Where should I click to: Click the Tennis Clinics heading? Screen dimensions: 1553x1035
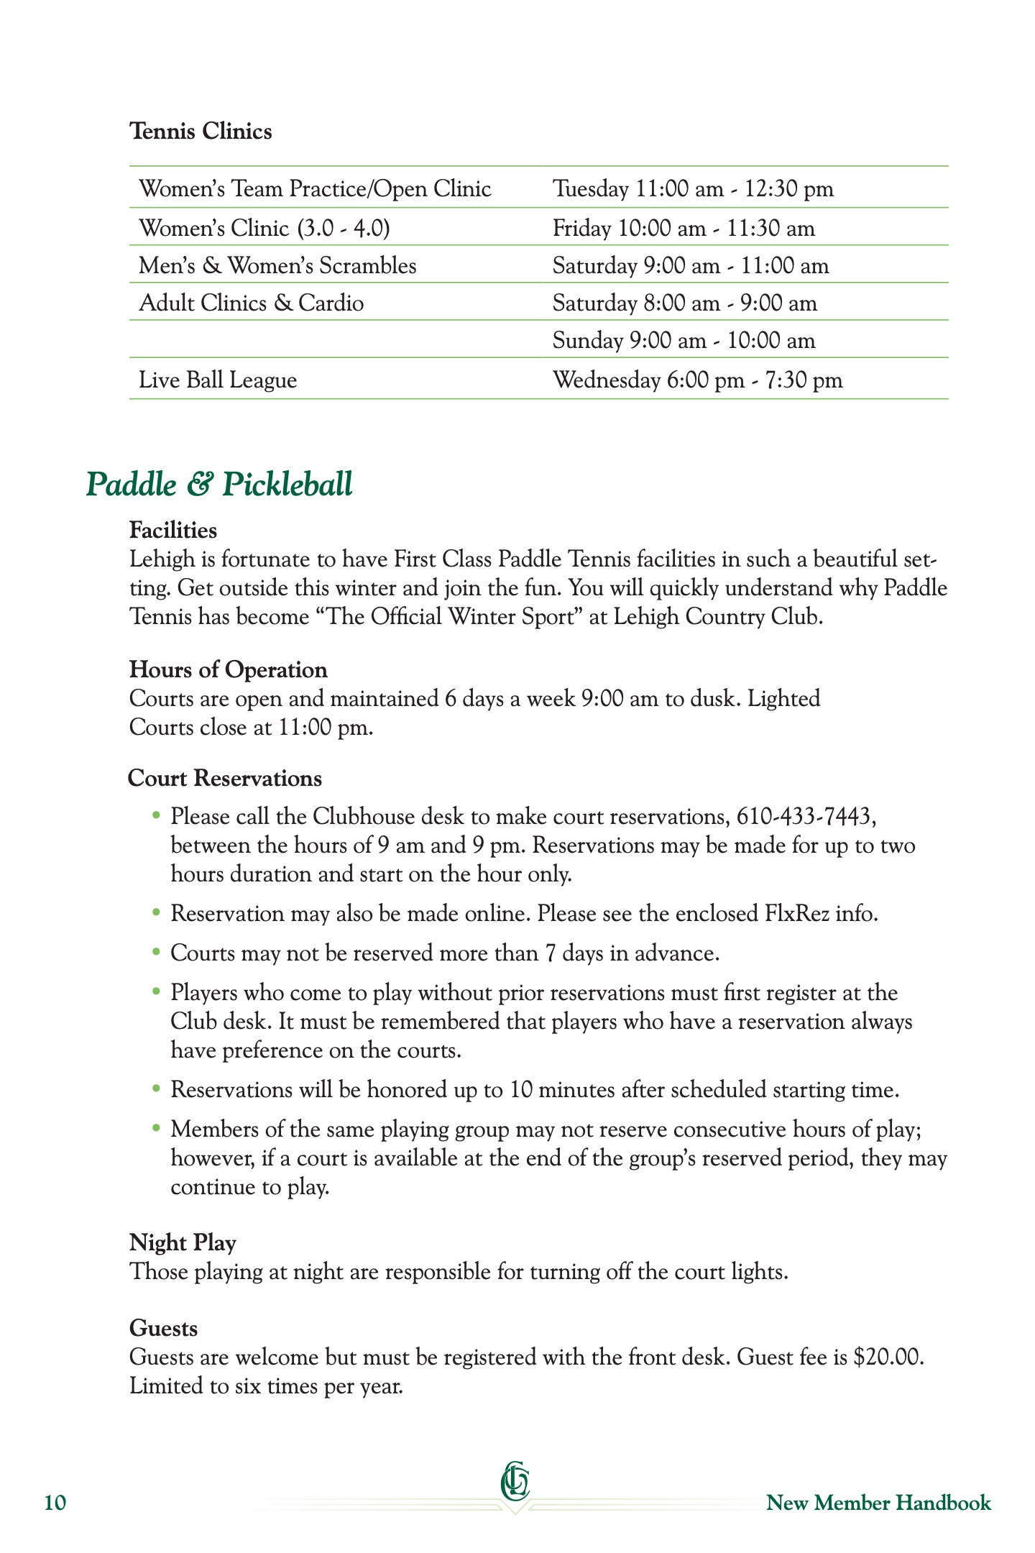point(201,132)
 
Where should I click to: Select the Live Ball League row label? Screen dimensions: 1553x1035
point(218,380)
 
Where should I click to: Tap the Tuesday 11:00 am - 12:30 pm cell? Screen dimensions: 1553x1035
point(693,189)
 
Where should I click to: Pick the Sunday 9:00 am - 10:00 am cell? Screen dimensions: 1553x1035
point(684,340)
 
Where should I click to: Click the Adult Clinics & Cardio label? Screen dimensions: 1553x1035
point(252,303)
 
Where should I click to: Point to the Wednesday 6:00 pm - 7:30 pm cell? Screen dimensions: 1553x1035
point(697,380)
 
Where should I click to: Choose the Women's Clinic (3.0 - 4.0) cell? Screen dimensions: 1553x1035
point(264,229)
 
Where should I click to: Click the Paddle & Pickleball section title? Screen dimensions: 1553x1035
point(219,484)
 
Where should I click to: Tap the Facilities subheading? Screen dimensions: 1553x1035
point(173,531)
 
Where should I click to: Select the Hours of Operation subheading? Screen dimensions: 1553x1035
point(228,670)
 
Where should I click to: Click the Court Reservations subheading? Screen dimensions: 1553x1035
point(225,779)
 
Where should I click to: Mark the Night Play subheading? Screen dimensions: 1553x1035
point(183,1243)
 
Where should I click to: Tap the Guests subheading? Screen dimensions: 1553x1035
point(163,1329)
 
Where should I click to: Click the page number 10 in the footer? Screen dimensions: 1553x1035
point(55,1503)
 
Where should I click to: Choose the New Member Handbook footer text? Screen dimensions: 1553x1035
point(878,1503)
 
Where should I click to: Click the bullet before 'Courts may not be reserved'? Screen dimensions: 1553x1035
point(156,953)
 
